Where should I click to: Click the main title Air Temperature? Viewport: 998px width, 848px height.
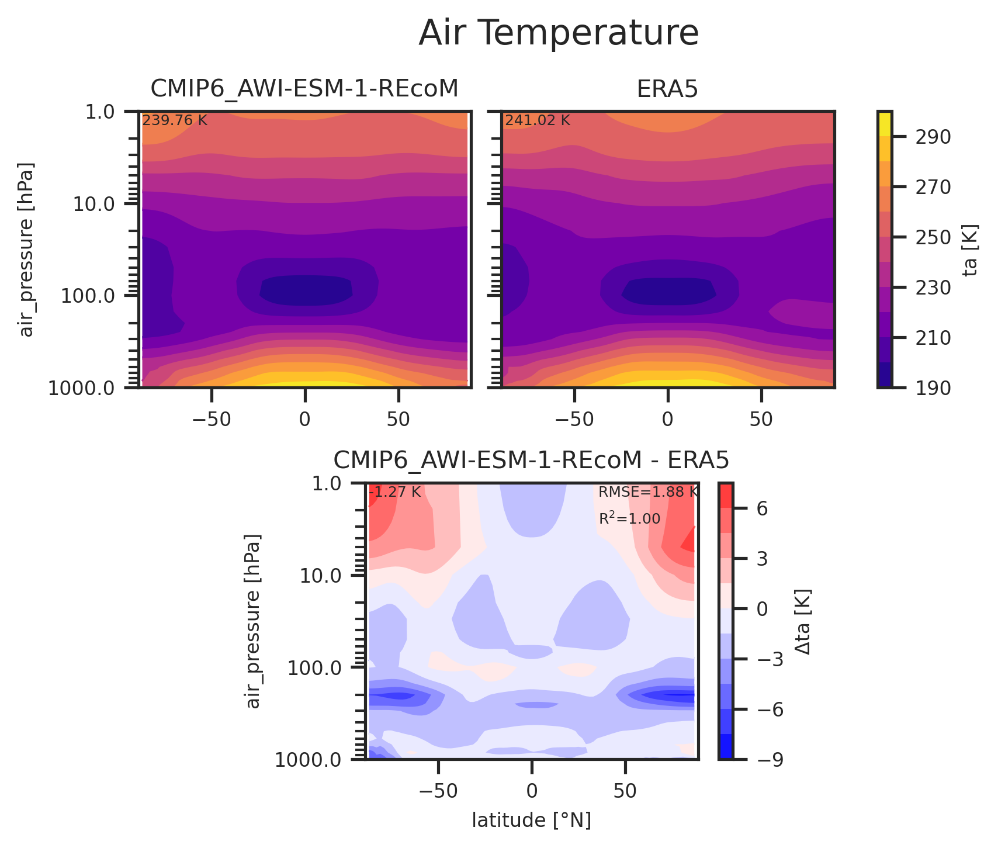coord(558,33)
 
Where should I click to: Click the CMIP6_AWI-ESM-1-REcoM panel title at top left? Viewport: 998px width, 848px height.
coord(304,89)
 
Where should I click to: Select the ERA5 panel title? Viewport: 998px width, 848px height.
coord(667,89)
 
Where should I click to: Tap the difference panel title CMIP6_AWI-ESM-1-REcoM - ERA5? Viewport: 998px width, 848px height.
coord(531,461)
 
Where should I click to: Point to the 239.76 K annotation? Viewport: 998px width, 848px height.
coord(175,121)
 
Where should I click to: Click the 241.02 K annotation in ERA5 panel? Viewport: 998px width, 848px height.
coord(538,121)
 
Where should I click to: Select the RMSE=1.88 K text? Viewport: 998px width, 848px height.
coord(647,492)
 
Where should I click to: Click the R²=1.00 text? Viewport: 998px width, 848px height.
coord(629,519)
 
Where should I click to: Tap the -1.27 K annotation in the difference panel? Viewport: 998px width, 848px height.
coord(395,492)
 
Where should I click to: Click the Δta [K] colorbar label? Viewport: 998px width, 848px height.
coord(804,621)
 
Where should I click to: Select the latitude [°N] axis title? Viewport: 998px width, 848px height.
coord(531,821)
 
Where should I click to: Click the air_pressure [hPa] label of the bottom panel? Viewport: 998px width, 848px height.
coord(253,621)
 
